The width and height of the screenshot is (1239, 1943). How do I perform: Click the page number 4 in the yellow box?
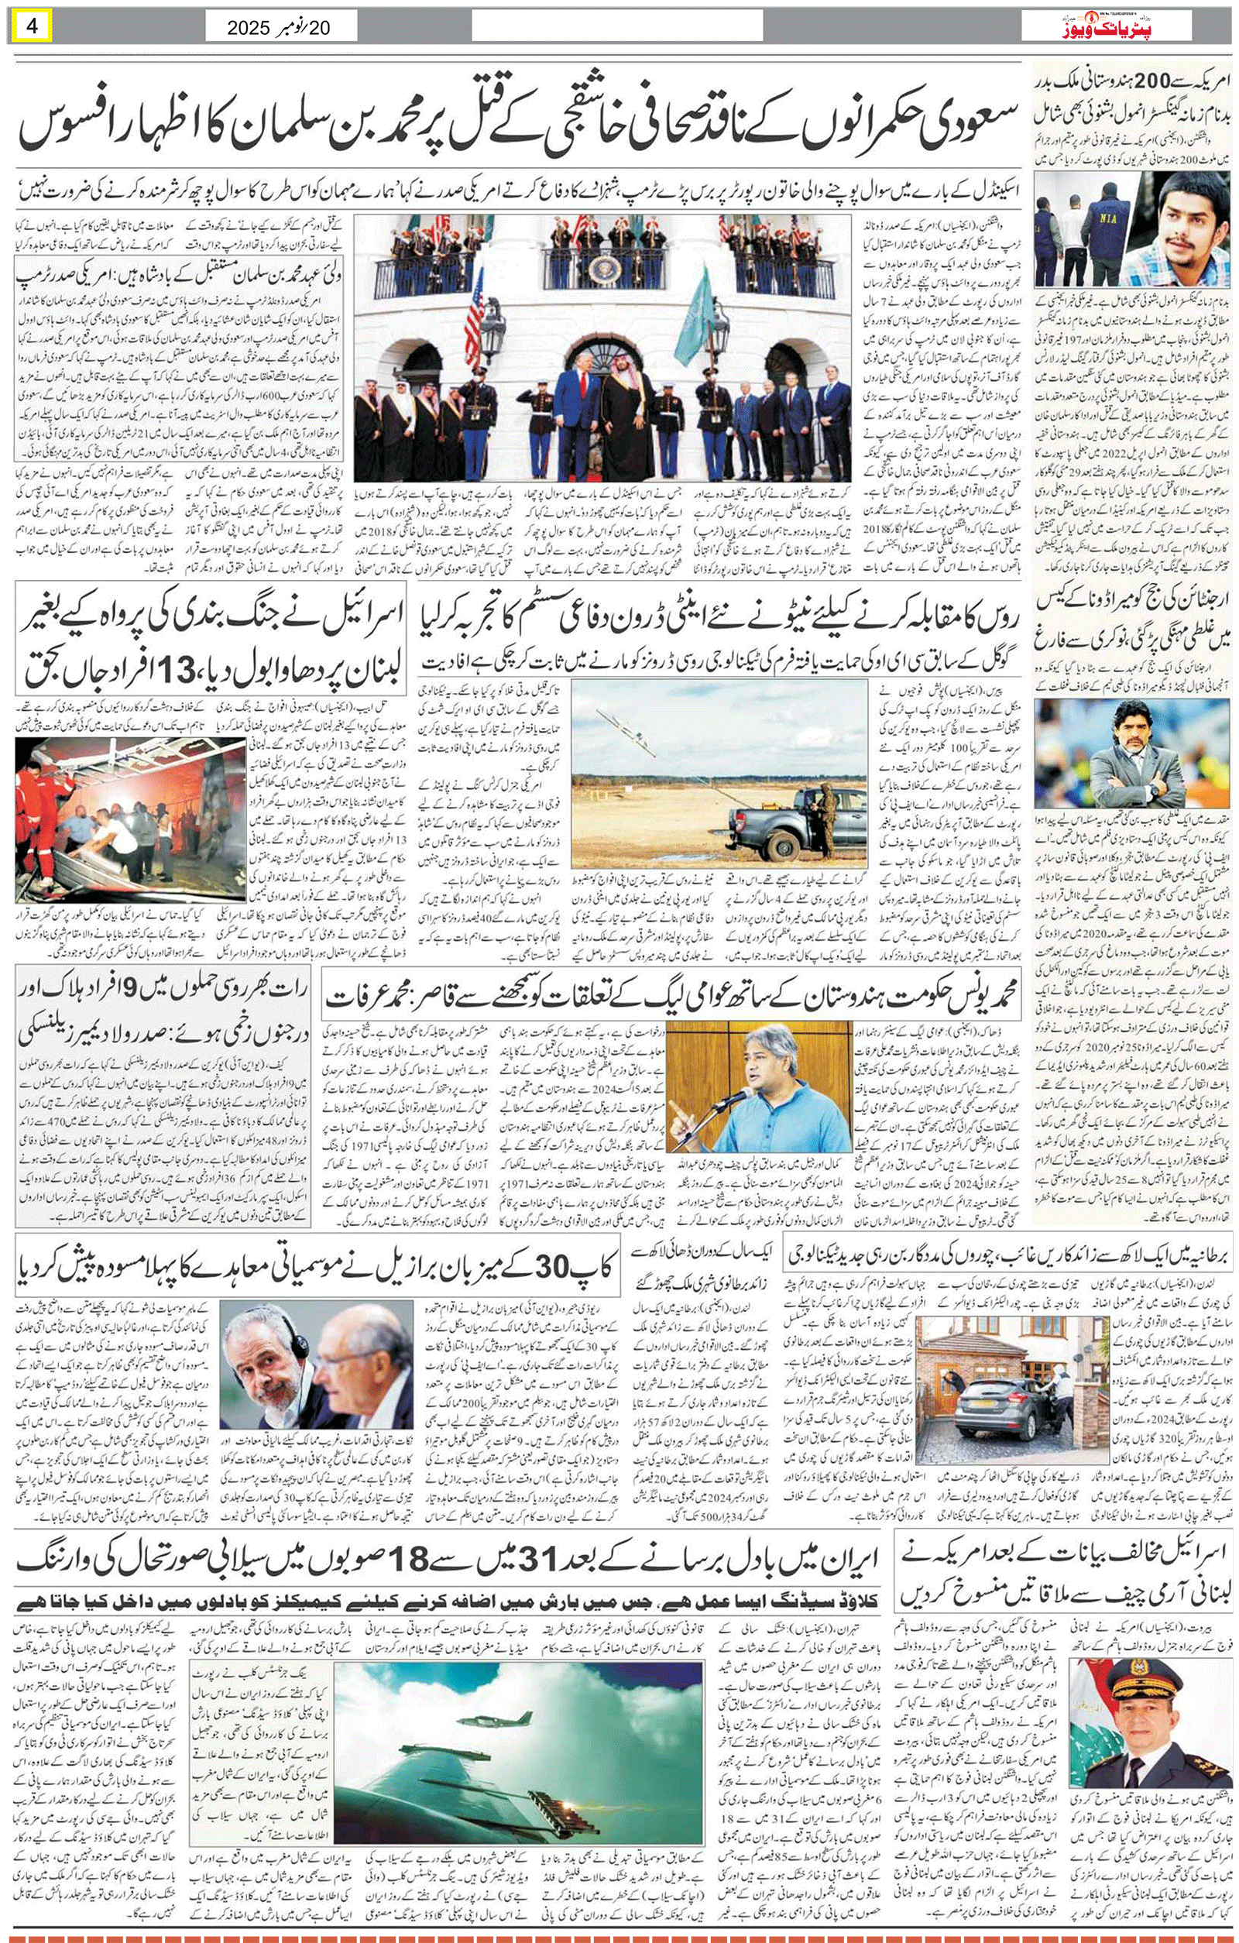(33, 26)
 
